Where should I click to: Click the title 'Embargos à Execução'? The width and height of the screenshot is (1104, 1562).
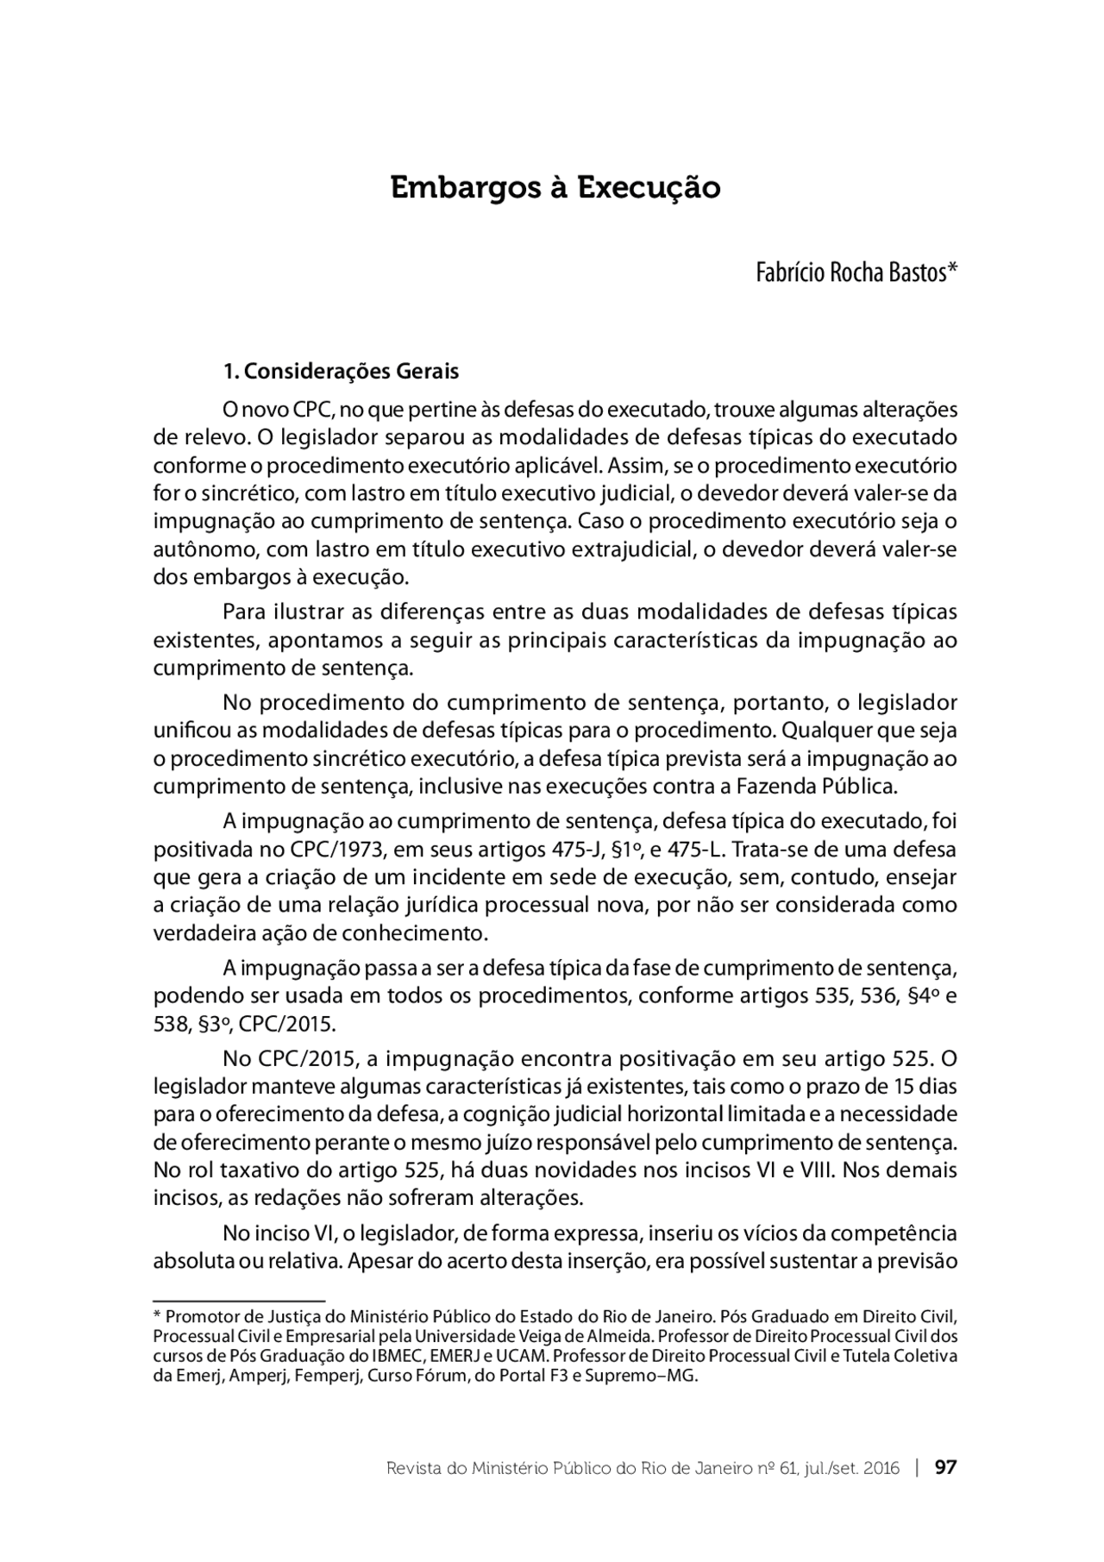(x=555, y=188)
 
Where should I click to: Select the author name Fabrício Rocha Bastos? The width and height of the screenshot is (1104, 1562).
(x=856, y=273)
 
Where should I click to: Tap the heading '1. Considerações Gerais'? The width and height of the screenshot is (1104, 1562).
(x=341, y=372)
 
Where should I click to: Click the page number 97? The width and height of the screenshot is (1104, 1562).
(x=946, y=1467)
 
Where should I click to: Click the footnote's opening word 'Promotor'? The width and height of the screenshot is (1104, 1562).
(x=198, y=1317)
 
